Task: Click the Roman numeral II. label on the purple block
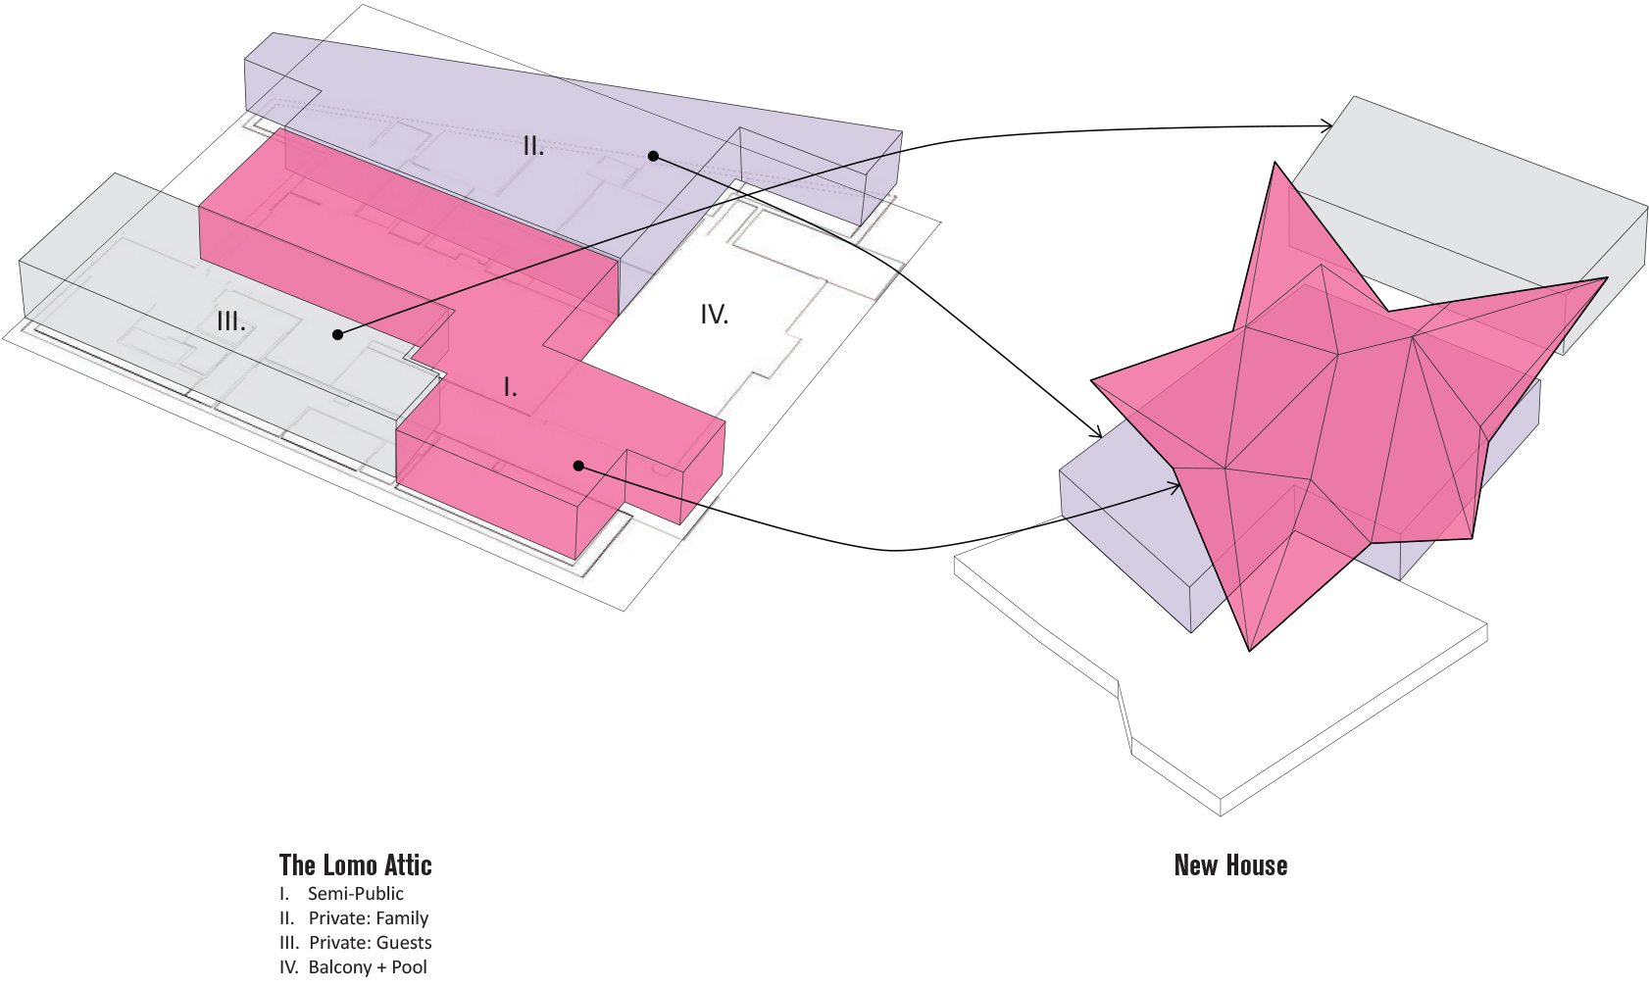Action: tap(533, 147)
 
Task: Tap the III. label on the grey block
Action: tap(231, 321)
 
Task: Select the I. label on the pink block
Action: tap(510, 388)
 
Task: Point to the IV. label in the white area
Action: tap(714, 315)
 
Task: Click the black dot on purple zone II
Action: tap(653, 156)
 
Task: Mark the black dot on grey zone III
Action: tap(337, 334)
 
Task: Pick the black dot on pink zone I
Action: tap(578, 466)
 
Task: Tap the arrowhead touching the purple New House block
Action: tap(1098, 433)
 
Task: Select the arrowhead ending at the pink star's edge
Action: tap(1176, 485)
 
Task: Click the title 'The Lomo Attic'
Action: tap(355, 865)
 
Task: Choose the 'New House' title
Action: tap(1230, 865)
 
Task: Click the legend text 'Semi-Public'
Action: tap(355, 894)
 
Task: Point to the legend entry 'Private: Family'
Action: tap(368, 918)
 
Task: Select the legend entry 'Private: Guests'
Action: tap(370, 943)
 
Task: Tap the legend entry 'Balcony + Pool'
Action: tap(368, 967)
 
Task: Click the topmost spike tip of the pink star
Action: tap(1274, 164)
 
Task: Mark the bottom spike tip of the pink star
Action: tap(1250, 649)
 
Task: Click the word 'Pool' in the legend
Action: tap(409, 967)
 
